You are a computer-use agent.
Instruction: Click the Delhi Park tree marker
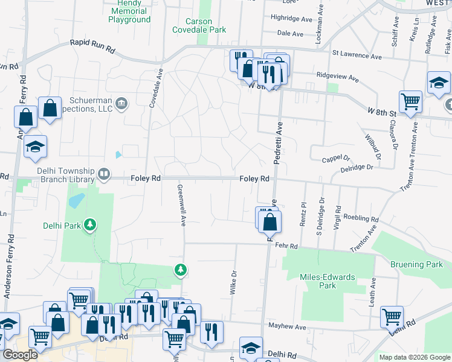pos(90,225)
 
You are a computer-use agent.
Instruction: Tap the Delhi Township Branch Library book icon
pos(104,175)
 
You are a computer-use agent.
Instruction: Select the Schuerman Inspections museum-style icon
pos(121,103)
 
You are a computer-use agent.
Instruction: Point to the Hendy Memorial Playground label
pos(129,11)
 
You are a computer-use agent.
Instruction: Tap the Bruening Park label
pos(416,264)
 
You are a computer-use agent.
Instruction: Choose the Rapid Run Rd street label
pos(92,43)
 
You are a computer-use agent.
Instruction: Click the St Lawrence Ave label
pos(357,56)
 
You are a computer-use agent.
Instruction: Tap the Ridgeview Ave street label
pos(338,78)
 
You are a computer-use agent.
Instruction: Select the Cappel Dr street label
pos(336,157)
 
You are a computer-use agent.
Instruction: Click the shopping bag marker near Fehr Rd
pos(271,221)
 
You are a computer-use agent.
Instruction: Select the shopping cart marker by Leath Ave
pos(392,315)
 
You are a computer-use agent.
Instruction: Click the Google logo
pos(19,355)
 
